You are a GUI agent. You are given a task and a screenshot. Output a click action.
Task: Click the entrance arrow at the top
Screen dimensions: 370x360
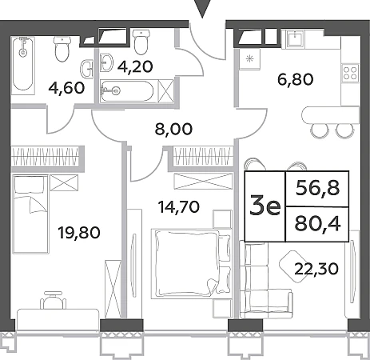coord(202,8)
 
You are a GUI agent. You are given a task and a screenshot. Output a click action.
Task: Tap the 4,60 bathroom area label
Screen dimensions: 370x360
coord(66,88)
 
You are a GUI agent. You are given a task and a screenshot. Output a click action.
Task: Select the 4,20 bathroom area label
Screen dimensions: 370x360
coord(135,66)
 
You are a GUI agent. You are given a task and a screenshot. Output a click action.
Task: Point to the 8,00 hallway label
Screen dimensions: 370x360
coord(173,130)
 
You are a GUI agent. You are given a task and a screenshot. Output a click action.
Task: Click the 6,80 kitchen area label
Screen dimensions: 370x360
coord(296,79)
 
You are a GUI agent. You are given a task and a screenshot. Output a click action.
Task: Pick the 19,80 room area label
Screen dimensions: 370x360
coord(79,232)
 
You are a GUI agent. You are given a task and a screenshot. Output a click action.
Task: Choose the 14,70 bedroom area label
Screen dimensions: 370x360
coord(179,206)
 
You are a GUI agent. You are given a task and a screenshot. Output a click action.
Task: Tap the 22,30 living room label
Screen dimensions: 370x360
coord(316,269)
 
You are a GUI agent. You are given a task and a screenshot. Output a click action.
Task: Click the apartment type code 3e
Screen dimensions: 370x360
coord(265,207)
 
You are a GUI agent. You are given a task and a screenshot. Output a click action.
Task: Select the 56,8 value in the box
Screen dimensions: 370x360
coord(318,189)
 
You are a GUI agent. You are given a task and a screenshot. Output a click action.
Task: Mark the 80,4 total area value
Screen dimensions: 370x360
coord(317,224)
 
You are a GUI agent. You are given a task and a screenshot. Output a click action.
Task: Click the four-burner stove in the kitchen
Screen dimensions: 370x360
coord(350,74)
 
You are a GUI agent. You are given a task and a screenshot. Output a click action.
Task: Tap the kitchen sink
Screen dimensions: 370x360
coord(296,39)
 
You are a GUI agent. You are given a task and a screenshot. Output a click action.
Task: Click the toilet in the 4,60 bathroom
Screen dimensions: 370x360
coord(62,49)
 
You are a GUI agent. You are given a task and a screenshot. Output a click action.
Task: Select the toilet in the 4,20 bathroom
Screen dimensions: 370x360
coord(141,42)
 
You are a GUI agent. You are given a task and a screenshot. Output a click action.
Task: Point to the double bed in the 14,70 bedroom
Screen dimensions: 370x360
coord(191,263)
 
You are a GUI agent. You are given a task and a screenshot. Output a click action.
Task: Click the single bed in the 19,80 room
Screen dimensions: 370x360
coord(30,214)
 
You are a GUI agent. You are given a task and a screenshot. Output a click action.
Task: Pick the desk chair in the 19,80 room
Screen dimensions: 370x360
coord(54,300)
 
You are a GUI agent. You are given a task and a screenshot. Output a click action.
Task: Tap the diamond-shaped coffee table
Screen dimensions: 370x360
coord(292,266)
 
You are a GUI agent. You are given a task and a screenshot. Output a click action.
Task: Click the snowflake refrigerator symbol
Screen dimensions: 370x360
coord(250,59)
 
